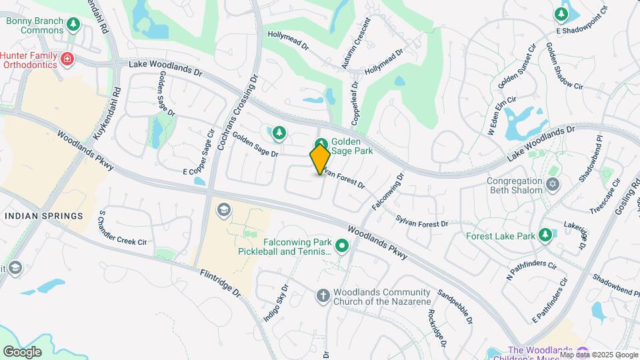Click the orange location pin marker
319,159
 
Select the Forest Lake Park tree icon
545,235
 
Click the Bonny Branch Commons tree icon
73,25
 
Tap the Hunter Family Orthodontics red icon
67,60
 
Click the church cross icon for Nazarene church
323,295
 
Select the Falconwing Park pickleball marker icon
342,247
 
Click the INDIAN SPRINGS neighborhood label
44,216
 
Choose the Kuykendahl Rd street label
108,113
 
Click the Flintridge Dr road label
219,283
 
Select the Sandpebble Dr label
456,307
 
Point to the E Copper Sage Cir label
199,152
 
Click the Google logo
22,352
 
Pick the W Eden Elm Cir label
502,117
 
